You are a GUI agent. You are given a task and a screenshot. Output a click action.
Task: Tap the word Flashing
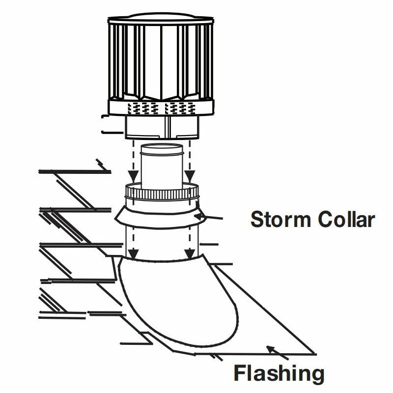pyautogui.click(x=279, y=373)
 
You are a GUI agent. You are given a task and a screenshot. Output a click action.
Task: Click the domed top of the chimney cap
pyautogui.click(x=161, y=17)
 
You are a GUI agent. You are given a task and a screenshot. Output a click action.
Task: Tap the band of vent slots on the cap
pyautogui.click(x=161, y=107)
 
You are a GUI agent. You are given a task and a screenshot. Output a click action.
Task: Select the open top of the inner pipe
pyautogui.click(x=162, y=148)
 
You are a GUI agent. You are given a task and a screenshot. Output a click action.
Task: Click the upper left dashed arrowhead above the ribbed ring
pyautogui.click(x=132, y=175)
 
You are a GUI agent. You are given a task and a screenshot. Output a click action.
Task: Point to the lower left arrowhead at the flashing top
pyautogui.click(x=132, y=253)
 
